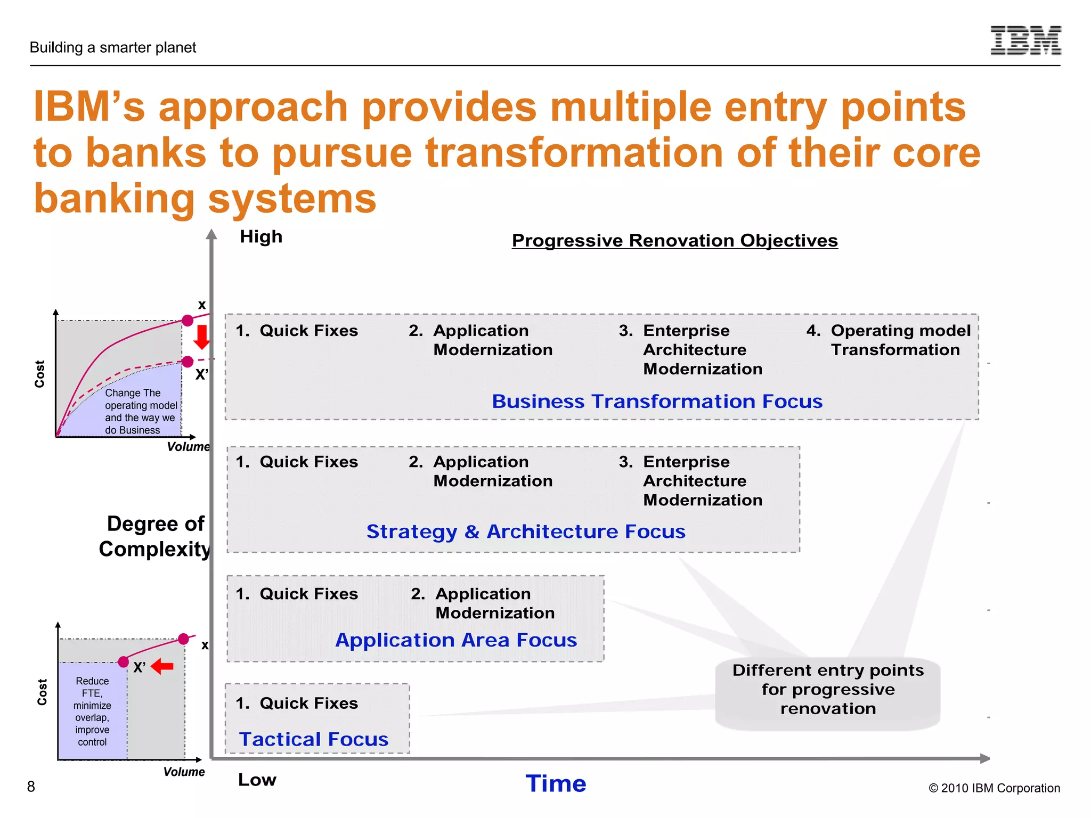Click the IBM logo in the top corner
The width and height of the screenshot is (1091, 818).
pos(1025,40)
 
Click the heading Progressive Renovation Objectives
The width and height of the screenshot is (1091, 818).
pos(674,241)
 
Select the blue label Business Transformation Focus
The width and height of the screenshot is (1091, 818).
pos(657,401)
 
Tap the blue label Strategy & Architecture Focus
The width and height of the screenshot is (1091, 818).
pos(526,531)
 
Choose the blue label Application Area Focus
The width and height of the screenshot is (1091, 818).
pos(456,640)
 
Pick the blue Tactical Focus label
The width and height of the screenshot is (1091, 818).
pos(314,739)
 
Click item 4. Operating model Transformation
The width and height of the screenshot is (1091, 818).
pos(895,340)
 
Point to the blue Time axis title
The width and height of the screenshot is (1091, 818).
pos(556,783)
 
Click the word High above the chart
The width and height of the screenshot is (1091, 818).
pos(261,236)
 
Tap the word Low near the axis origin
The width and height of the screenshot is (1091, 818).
pos(257,780)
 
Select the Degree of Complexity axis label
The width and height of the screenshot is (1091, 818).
pos(155,536)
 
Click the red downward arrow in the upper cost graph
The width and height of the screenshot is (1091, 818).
pos(201,337)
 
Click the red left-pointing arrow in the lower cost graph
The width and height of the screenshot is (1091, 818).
pos(162,666)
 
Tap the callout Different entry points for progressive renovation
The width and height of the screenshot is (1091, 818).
pos(827,690)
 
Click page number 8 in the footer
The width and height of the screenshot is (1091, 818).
pos(31,787)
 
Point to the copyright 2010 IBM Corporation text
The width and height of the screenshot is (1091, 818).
pos(994,788)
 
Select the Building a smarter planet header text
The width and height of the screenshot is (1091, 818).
pos(113,47)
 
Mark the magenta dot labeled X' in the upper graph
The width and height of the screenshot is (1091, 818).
pos(188,362)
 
